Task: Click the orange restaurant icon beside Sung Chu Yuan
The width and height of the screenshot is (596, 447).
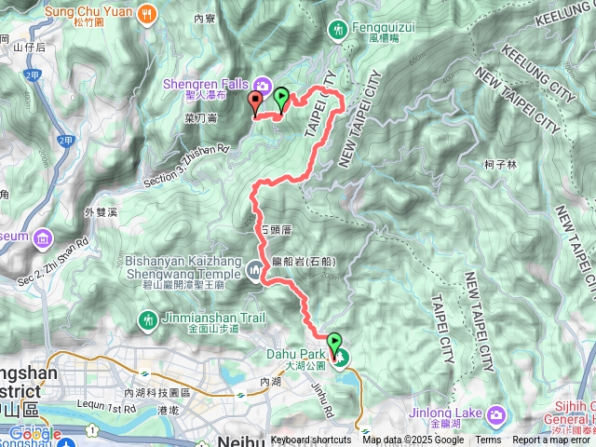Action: pos(147,13)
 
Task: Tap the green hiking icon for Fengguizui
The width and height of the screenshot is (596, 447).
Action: pos(336,31)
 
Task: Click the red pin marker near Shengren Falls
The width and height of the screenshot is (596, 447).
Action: pos(256,103)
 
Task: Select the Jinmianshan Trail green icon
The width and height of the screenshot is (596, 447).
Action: pos(147,320)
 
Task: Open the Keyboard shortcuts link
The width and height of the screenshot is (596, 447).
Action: pos(311,440)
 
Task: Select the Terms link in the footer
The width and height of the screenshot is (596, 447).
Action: pos(488,440)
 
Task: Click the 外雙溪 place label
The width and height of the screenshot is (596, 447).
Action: pos(102,213)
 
